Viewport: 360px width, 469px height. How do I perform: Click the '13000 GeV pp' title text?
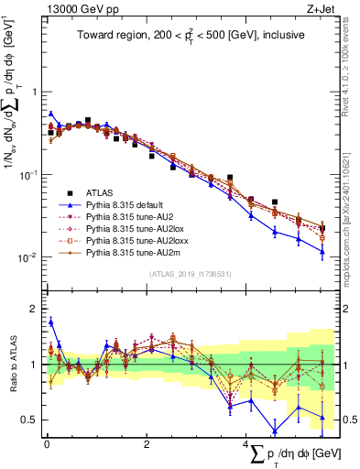point(71,11)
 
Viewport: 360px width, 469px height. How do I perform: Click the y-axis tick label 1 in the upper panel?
point(34,92)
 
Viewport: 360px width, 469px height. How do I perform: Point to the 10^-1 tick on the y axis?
point(28,174)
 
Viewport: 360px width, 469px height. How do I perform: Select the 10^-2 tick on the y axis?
point(28,257)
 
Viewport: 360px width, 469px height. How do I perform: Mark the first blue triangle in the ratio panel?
point(50,322)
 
